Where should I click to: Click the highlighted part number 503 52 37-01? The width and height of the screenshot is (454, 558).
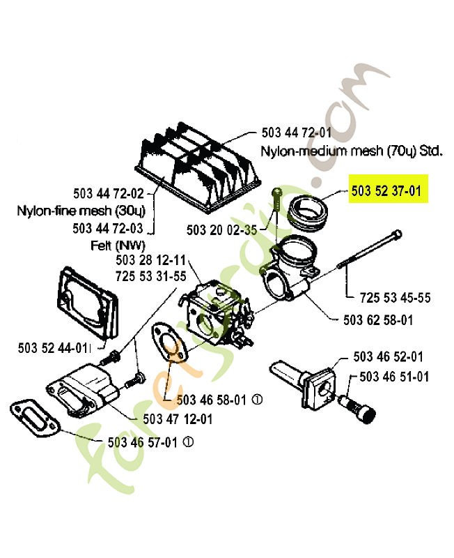tap(386, 191)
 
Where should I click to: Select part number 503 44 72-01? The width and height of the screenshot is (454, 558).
tap(296, 133)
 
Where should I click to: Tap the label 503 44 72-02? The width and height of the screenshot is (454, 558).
tap(109, 194)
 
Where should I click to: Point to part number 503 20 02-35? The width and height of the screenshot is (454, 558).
tap(221, 230)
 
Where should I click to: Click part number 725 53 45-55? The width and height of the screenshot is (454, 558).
tap(395, 298)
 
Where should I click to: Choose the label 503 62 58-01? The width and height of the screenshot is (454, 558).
tap(378, 320)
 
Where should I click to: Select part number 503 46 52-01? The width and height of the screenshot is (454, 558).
tap(388, 356)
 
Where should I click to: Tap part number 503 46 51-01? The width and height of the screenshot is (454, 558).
tap(394, 377)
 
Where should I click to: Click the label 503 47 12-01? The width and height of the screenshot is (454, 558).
tap(178, 419)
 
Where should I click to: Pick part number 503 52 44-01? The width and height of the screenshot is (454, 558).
tap(53, 347)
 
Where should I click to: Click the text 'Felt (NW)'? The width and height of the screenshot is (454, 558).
tap(118, 246)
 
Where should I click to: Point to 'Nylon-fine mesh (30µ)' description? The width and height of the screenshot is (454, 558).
tap(81, 211)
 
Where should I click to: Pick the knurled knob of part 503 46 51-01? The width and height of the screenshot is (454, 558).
tap(366, 414)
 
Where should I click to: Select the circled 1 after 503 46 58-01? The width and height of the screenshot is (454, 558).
tap(257, 400)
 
